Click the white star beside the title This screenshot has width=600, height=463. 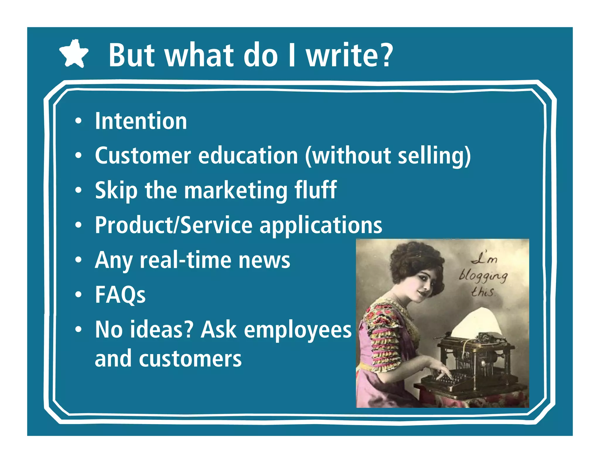74,54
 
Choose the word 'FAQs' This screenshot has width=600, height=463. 120,295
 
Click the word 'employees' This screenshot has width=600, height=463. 297,330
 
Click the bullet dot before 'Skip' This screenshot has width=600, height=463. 78,190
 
